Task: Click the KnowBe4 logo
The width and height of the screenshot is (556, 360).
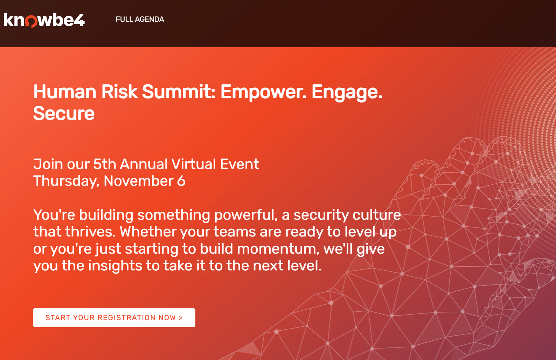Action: [x=44, y=20]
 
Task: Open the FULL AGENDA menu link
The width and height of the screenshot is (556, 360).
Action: [x=140, y=19]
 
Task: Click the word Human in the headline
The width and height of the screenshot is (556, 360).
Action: [x=65, y=92]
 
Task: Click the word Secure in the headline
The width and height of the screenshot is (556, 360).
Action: [x=64, y=113]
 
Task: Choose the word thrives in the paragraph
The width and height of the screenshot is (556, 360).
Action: [x=90, y=232]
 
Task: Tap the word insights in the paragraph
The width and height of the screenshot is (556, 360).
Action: [x=115, y=266]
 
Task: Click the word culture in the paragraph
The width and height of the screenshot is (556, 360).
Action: [x=376, y=214]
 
